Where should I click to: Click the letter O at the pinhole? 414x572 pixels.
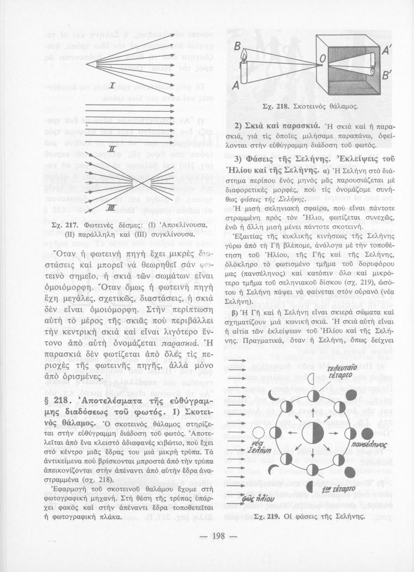[x=322, y=58]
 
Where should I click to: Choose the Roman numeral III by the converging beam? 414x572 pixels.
[x=111, y=207]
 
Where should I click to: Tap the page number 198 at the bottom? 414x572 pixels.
[x=218, y=536]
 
